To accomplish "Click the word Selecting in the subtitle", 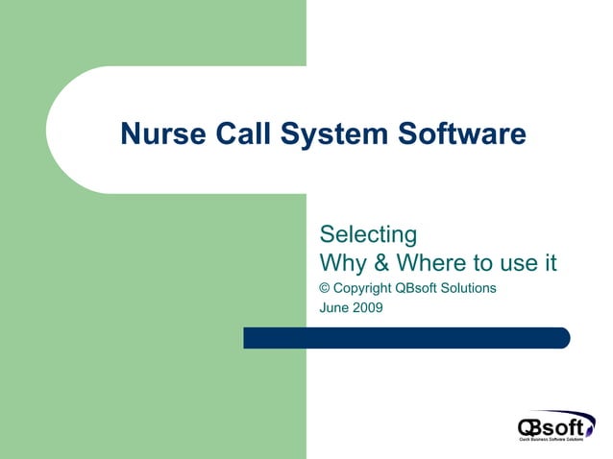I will (368, 235).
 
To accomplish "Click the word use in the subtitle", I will (512, 263).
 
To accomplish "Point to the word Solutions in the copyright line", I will (469, 288).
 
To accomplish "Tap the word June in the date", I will (333, 308).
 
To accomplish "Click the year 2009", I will (368, 308).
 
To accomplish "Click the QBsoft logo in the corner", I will (555, 423).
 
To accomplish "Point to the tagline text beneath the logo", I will (552, 440).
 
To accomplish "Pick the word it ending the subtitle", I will (549, 263).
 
